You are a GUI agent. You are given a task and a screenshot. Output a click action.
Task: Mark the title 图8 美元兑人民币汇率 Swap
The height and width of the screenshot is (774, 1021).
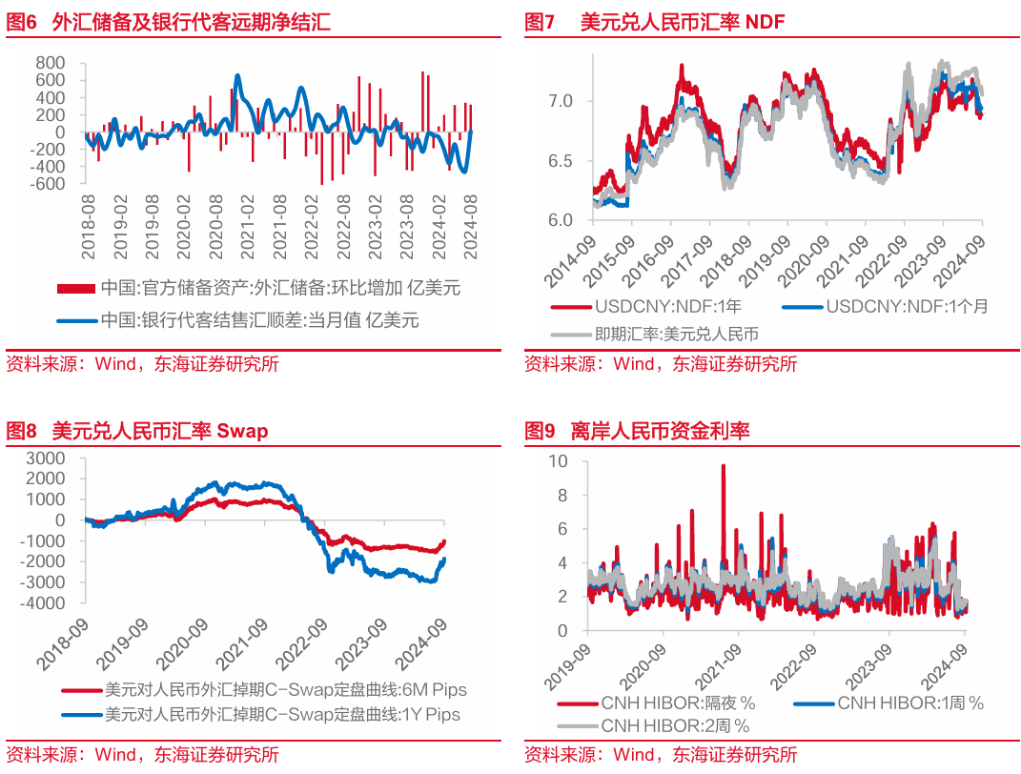(137, 431)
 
